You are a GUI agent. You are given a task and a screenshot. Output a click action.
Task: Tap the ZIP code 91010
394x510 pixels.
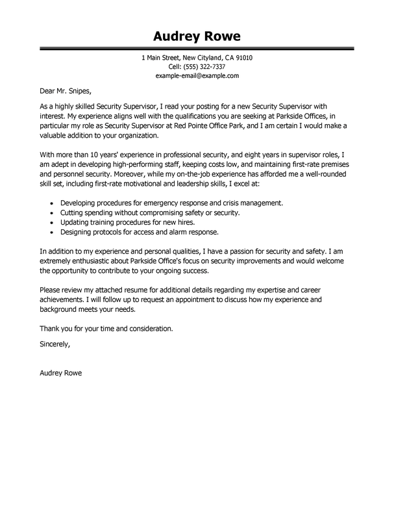(241, 58)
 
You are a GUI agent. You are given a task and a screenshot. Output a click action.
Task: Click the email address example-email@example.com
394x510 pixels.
(197, 76)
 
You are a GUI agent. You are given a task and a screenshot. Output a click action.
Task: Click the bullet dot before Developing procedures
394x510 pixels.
(53, 203)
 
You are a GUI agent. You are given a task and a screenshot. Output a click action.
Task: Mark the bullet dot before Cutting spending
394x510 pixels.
(53, 212)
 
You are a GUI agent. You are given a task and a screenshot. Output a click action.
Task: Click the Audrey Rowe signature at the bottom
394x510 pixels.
(61, 374)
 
